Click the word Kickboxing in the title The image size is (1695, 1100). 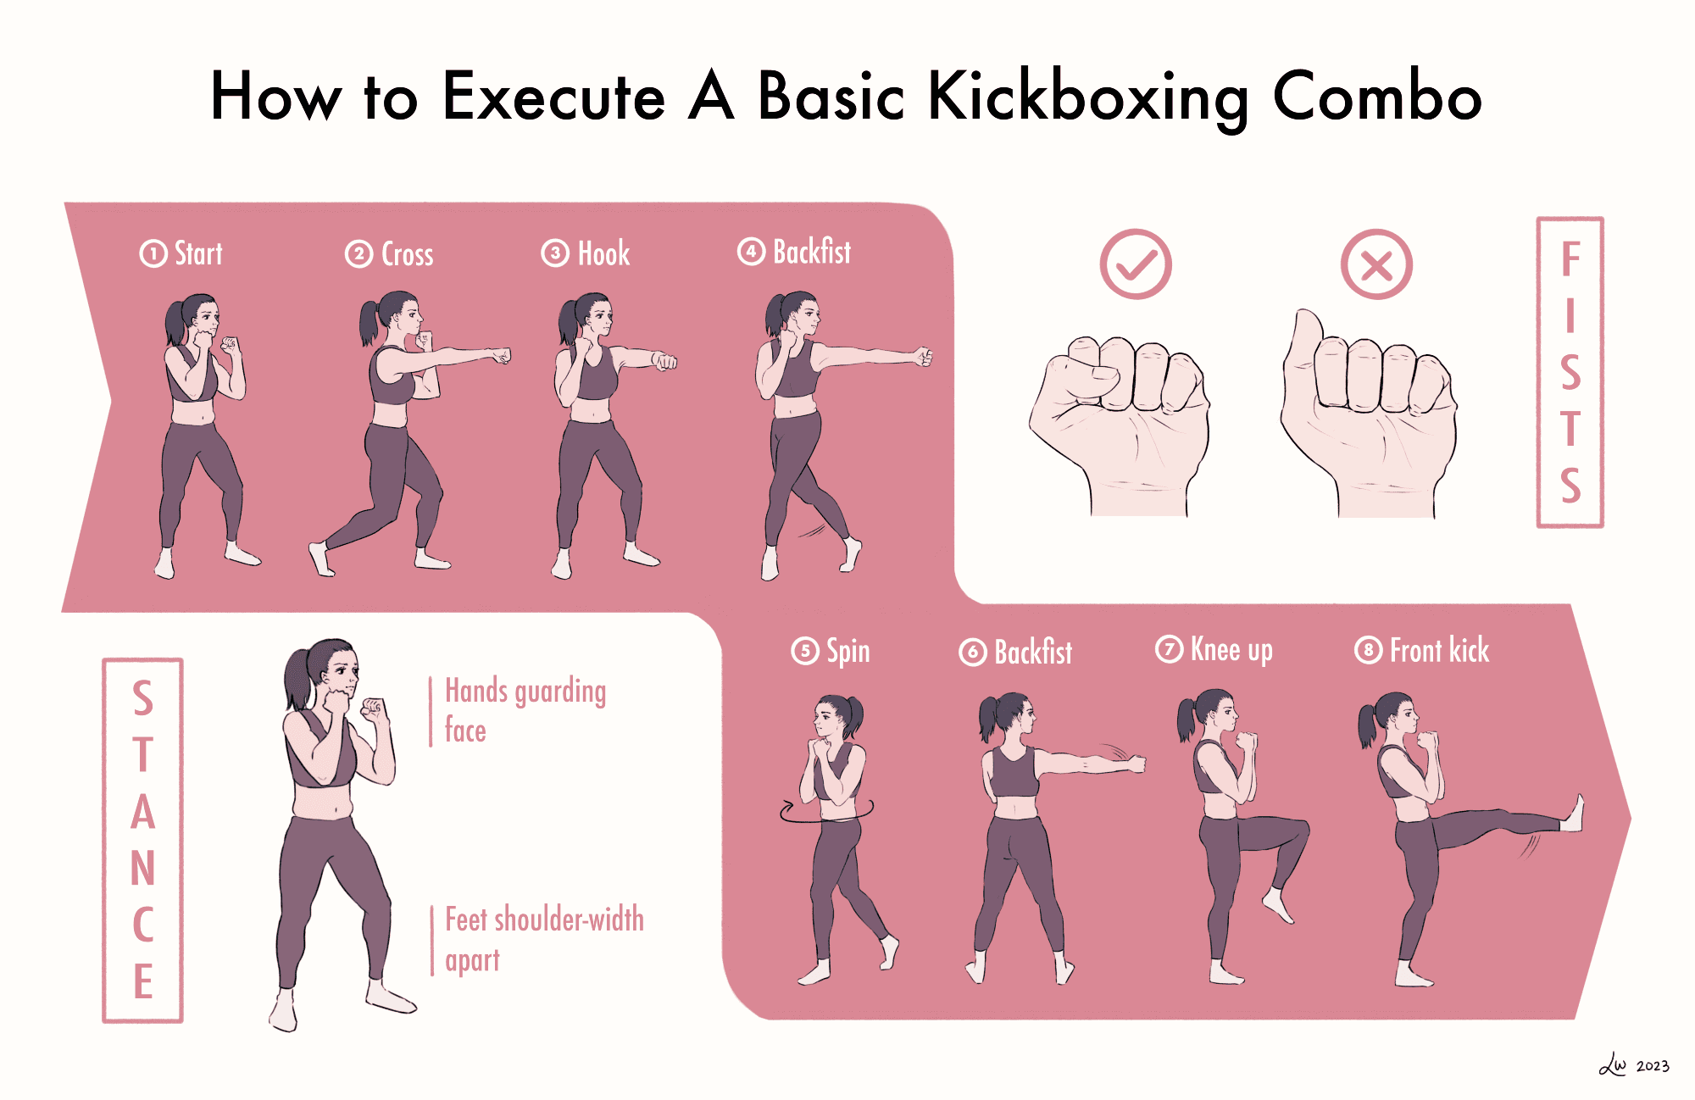[1088, 98]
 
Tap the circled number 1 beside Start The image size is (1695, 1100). [153, 253]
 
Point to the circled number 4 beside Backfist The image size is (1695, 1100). [751, 252]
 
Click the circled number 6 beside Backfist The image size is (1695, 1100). [973, 652]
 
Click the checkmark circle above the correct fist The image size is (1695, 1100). [1136, 264]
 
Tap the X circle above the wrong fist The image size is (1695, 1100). [1376, 264]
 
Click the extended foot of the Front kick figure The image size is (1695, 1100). [1572, 814]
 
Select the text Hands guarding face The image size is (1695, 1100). [525, 710]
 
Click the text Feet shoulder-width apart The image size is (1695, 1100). [544, 939]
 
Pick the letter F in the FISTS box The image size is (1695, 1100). [1570, 259]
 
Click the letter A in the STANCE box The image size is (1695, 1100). [143, 812]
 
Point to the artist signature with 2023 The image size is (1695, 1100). [1634, 1064]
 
